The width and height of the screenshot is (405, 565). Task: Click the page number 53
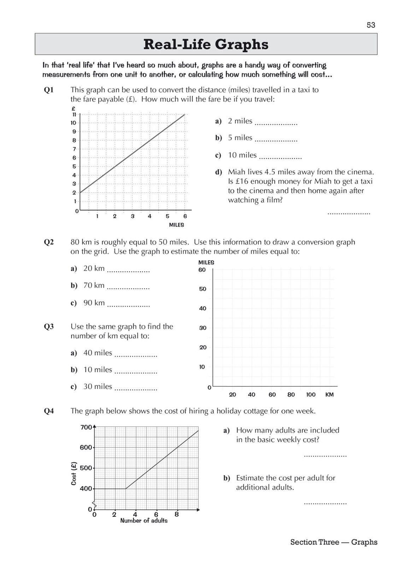click(x=371, y=25)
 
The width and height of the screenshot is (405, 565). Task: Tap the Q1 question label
click(x=49, y=90)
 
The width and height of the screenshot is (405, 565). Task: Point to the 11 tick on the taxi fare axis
click(x=74, y=114)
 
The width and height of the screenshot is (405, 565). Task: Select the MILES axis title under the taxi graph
click(x=176, y=225)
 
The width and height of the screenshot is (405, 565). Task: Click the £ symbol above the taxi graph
click(x=73, y=108)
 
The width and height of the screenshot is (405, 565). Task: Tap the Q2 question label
click(x=49, y=242)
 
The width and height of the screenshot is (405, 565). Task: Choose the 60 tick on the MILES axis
click(x=202, y=270)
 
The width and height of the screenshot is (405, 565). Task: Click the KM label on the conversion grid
click(x=329, y=394)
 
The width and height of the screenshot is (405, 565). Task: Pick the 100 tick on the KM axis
click(x=311, y=394)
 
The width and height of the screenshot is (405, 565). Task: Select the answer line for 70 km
click(x=128, y=288)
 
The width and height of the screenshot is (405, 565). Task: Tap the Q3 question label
click(x=49, y=327)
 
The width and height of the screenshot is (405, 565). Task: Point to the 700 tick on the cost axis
click(x=86, y=427)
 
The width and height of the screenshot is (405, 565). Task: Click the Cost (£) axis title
click(x=74, y=473)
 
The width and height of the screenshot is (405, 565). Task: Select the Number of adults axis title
click(x=144, y=521)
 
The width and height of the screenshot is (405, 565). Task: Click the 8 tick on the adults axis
click(x=177, y=515)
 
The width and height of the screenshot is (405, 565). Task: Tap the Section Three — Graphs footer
click(x=334, y=542)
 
